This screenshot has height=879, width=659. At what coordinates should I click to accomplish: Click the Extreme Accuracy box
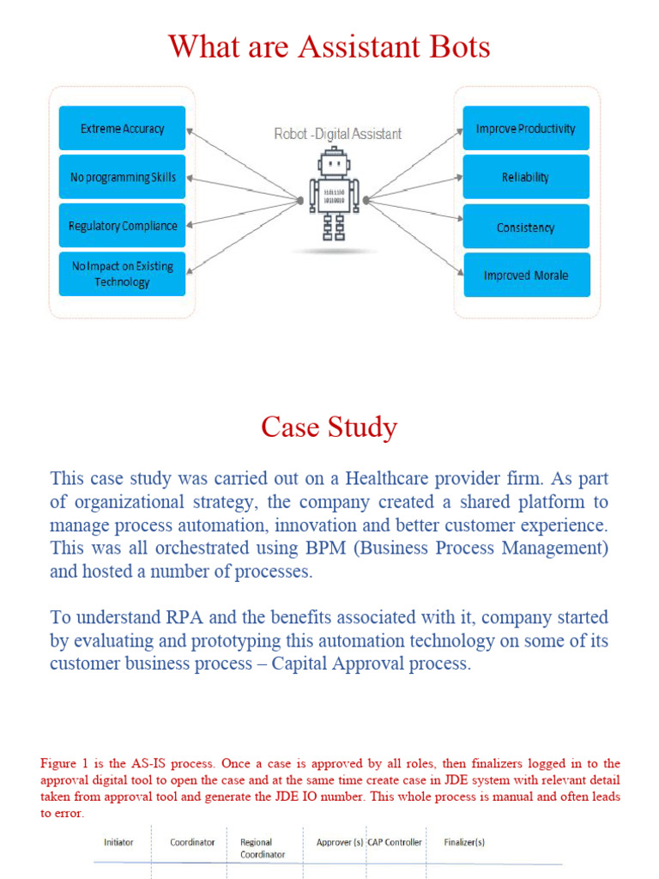(x=122, y=128)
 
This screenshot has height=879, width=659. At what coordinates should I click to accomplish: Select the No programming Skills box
(x=122, y=177)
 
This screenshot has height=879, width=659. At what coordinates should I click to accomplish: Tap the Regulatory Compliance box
(x=122, y=226)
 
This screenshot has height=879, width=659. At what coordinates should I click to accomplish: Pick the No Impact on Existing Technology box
(x=122, y=274)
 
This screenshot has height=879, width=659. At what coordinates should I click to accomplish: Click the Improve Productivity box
(x=526, y=128)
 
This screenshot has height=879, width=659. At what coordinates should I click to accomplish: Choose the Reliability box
(x=526, y=177)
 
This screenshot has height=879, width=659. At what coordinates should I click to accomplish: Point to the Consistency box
(x=526, y=227)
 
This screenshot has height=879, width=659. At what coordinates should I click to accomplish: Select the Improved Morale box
(x=526, y=275)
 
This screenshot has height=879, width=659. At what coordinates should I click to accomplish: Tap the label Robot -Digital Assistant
(x=337, y=134)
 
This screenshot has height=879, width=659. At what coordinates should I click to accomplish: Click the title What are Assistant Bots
(x=329, y=45)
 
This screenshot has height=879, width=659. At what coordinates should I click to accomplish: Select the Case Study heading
(x=329, y=427)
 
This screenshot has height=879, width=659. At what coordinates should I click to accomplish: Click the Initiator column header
(x=118, y=842)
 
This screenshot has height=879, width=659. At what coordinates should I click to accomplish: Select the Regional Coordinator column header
(x=262, y=848)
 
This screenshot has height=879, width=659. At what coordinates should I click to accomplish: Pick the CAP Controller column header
(x=395, y=842)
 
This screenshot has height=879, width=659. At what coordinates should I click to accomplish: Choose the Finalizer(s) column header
(x=464, y=842)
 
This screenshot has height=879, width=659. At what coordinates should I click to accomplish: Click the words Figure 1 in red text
(x=64, y=763)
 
